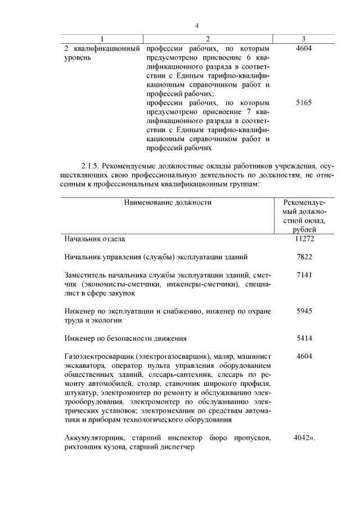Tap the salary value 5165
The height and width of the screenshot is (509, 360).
pos(303,103)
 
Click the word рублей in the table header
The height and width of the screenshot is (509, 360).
pos(304,229)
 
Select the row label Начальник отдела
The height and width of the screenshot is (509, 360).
pos(94,239)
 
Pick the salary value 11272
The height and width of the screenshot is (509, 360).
pos(303,239)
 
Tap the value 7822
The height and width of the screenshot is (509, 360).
pos(303,257)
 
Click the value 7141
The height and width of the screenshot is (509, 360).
pos(303,275)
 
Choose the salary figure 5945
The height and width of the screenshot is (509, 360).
pos(303,311)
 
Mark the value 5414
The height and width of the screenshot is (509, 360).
pos(303,339)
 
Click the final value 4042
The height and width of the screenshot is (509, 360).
pos(302,438)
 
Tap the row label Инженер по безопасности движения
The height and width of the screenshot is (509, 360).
pos(125,339)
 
